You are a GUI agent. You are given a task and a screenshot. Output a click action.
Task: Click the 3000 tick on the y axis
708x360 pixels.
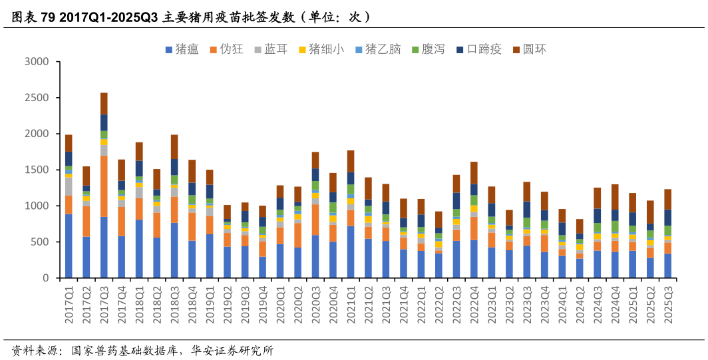pyautogui.click(x=37, y=62)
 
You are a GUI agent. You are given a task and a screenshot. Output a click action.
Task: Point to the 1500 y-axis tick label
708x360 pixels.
pyautogui.click(x=37, y=170)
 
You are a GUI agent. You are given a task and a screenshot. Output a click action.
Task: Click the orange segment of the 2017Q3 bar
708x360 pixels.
pyautogui.click(x=104, y=186)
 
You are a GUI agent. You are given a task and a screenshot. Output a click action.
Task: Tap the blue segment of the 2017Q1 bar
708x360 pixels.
pyautogui.click(x=69, y=246)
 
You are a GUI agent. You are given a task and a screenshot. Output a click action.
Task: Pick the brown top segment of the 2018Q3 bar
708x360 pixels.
pyautogui.click(x=174, y=146)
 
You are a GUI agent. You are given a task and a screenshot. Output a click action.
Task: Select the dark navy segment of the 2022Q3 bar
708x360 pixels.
pyautogui.click(x=456, y=201)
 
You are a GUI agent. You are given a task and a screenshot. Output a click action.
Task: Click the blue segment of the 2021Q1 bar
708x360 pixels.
pyautogui.click(x=351, y=252)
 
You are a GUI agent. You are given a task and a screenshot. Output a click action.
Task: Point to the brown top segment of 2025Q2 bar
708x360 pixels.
pyautogui.click(x=650, y=212)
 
